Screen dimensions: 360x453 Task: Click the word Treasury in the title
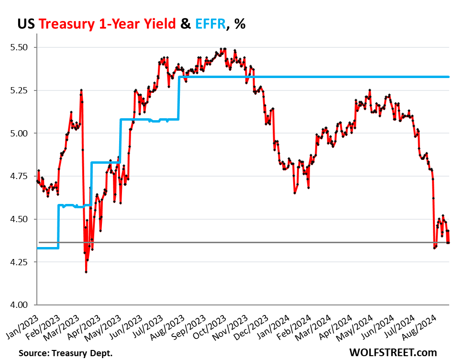[x=68, y=23]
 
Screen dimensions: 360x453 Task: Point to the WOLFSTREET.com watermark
[x=393, y=352]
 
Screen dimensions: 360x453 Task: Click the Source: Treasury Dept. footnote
[x=66, y=353]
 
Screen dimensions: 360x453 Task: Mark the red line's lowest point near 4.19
[x=86, y=272]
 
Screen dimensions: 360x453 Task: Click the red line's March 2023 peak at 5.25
[x=81, y=90]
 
